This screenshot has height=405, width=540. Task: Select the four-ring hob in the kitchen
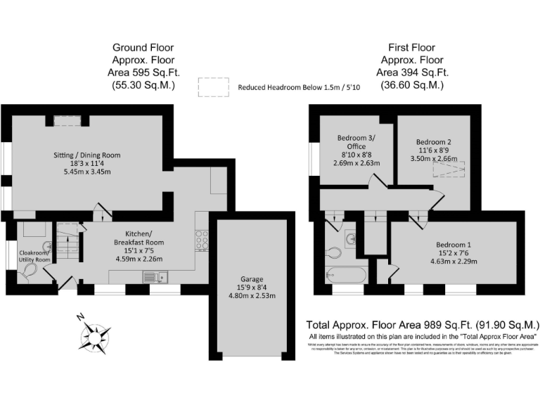tap(201, 240)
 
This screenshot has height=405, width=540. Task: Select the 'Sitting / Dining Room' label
tap(88, 155)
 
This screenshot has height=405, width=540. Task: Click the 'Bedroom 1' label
tap(454, 245)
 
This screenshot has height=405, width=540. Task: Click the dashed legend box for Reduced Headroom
tap(214, 87)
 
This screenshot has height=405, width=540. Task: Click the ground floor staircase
tap(68, 243)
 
